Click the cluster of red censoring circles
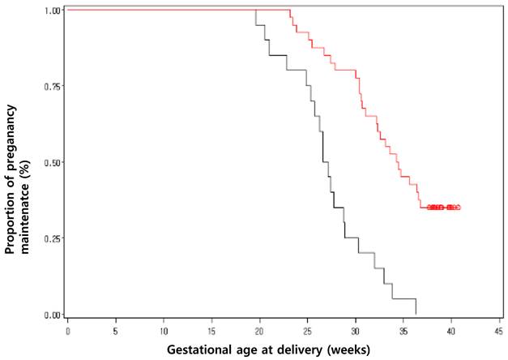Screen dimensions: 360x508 point(443,208)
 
